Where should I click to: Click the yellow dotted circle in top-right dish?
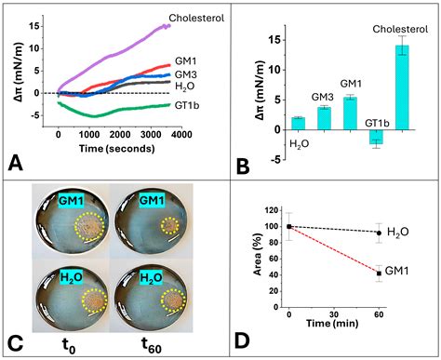click(168, 225)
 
